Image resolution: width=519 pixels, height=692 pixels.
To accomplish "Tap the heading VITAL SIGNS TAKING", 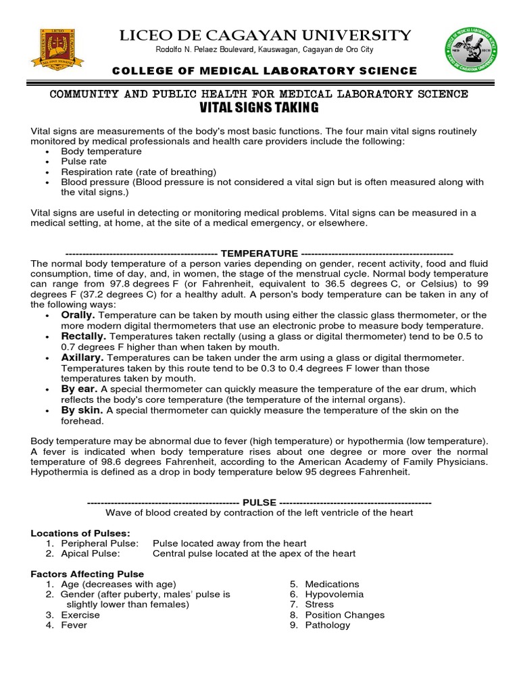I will (259, 108).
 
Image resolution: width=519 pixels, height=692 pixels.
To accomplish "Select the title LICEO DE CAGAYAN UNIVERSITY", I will (264, 35).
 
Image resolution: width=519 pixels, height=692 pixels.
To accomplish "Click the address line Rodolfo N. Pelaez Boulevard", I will (264, 51).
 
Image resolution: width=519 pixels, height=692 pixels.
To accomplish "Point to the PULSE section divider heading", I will (259, 503).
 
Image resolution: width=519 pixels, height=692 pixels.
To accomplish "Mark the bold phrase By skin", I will (82, 410).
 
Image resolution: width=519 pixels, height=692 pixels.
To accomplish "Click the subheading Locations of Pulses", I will (80, 533).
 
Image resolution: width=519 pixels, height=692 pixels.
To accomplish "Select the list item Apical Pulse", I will (90, 553).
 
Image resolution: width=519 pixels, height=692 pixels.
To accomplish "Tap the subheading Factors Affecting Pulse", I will (87, 574).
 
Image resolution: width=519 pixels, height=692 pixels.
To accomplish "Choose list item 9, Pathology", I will (327, 625).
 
